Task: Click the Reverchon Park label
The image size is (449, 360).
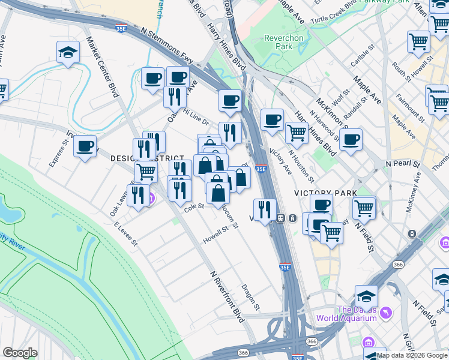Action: click(278, 42)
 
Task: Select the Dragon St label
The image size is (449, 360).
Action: click(251, 298)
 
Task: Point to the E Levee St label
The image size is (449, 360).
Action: click(125, 234)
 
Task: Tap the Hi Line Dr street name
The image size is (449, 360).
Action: click(195, 116)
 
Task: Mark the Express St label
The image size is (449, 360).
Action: click(58, 154)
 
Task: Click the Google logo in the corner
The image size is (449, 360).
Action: click(20, 353)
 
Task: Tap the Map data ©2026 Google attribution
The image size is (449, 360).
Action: click(412, 355)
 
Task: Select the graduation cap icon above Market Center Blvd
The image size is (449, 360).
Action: click(68, 53)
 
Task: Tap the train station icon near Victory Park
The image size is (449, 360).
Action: click(280, 218)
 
